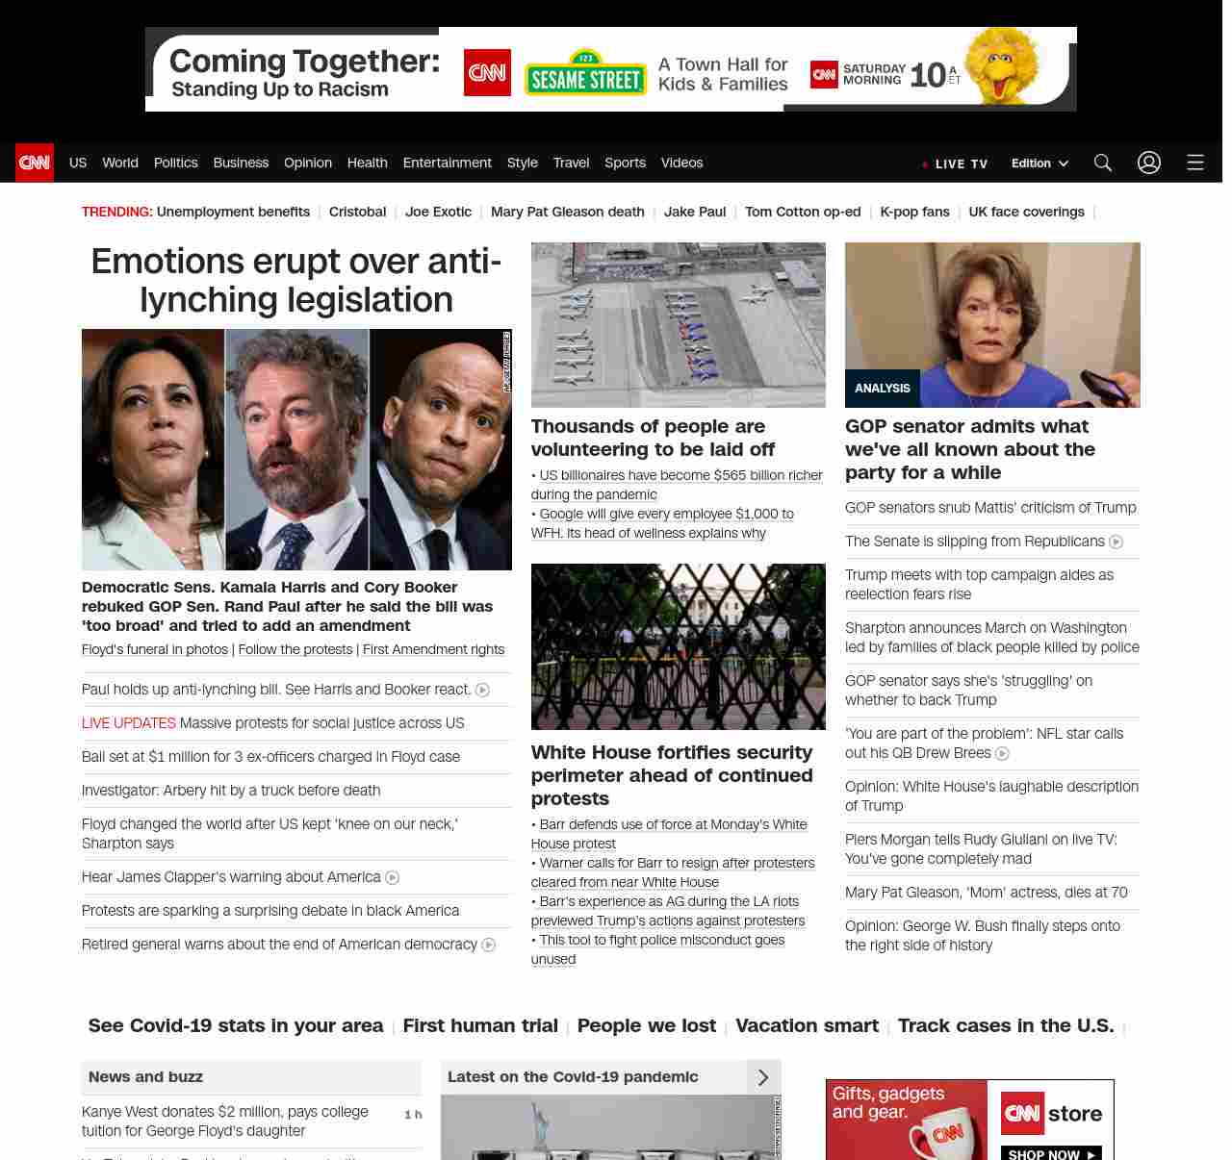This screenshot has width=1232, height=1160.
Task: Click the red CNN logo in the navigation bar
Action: pyautogui.click(x=35, y=163)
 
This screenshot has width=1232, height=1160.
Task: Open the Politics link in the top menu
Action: pyautogui.click(x=175, y=163)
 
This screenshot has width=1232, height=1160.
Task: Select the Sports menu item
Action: pyautogui.click(x=625, y=163)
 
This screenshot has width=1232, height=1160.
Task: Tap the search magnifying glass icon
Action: pyautogui.click(x=1103, y=163)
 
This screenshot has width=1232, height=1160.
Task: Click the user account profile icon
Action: pyautogui.click(x=1149, y=163)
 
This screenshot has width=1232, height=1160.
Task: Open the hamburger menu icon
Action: pyautogui.click(x=1195, y=163)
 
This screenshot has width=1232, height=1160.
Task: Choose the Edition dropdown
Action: pyautogui.click(x=1039, y=164)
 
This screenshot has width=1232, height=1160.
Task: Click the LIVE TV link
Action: pyautogui.click(x=956, y=164)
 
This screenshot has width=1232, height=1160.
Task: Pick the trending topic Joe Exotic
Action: pyautogui.click(x=438, y=212)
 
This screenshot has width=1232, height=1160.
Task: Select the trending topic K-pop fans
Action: pyautogui.click(x=914, y=212)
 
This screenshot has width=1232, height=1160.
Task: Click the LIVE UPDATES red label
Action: pyautogui.click(x=129, y=723)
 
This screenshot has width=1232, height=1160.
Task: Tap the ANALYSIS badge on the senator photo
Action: pyautogui.click(x=883, y=389)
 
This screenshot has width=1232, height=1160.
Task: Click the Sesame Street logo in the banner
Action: pyautogui.click(x=585, y=75)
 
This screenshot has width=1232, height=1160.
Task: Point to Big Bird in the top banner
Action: pyautogui.click(x=1003, y=64)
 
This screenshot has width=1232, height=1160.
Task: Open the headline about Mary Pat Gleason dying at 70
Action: pyautogui.click(x=986, y=893)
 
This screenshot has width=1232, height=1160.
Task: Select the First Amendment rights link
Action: pyautogui.click(x=433, y=650)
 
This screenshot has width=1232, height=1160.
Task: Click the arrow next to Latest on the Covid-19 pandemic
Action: pyautogui.click(x=763, y=1077)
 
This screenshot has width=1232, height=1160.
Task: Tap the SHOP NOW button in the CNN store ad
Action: pyautogui.click(x=1050, y=1153)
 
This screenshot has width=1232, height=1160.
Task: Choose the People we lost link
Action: pyautogui.click(x=647, y=1026)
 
